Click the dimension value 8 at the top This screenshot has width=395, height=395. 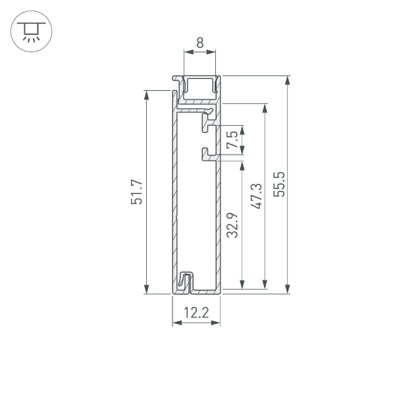coord(199,47)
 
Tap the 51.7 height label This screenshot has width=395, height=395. coord(136,192)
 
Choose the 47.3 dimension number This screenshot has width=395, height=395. coord(256,196)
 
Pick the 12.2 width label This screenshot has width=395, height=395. coord(196,313)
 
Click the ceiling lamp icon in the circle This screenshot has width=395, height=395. coord(30,30)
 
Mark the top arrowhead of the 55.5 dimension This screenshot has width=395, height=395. coord(288,80)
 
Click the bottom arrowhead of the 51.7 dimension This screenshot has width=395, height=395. coord(147,290)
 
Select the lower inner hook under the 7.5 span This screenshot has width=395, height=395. coord(209,154)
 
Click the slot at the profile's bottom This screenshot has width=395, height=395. coord(188,282)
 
